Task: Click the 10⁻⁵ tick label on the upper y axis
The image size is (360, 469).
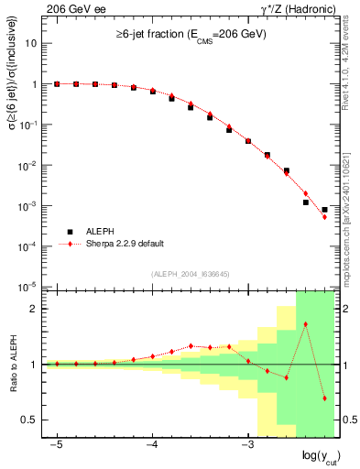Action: tap(30, 288)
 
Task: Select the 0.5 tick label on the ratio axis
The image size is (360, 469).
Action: tap(30, 420)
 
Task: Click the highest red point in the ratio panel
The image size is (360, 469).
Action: tap(306, 323)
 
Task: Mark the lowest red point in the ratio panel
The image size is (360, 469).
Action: tap(324, 398)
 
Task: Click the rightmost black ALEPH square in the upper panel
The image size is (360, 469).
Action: tap(324, 210)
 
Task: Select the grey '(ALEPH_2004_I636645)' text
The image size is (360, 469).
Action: tap(190, 275)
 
